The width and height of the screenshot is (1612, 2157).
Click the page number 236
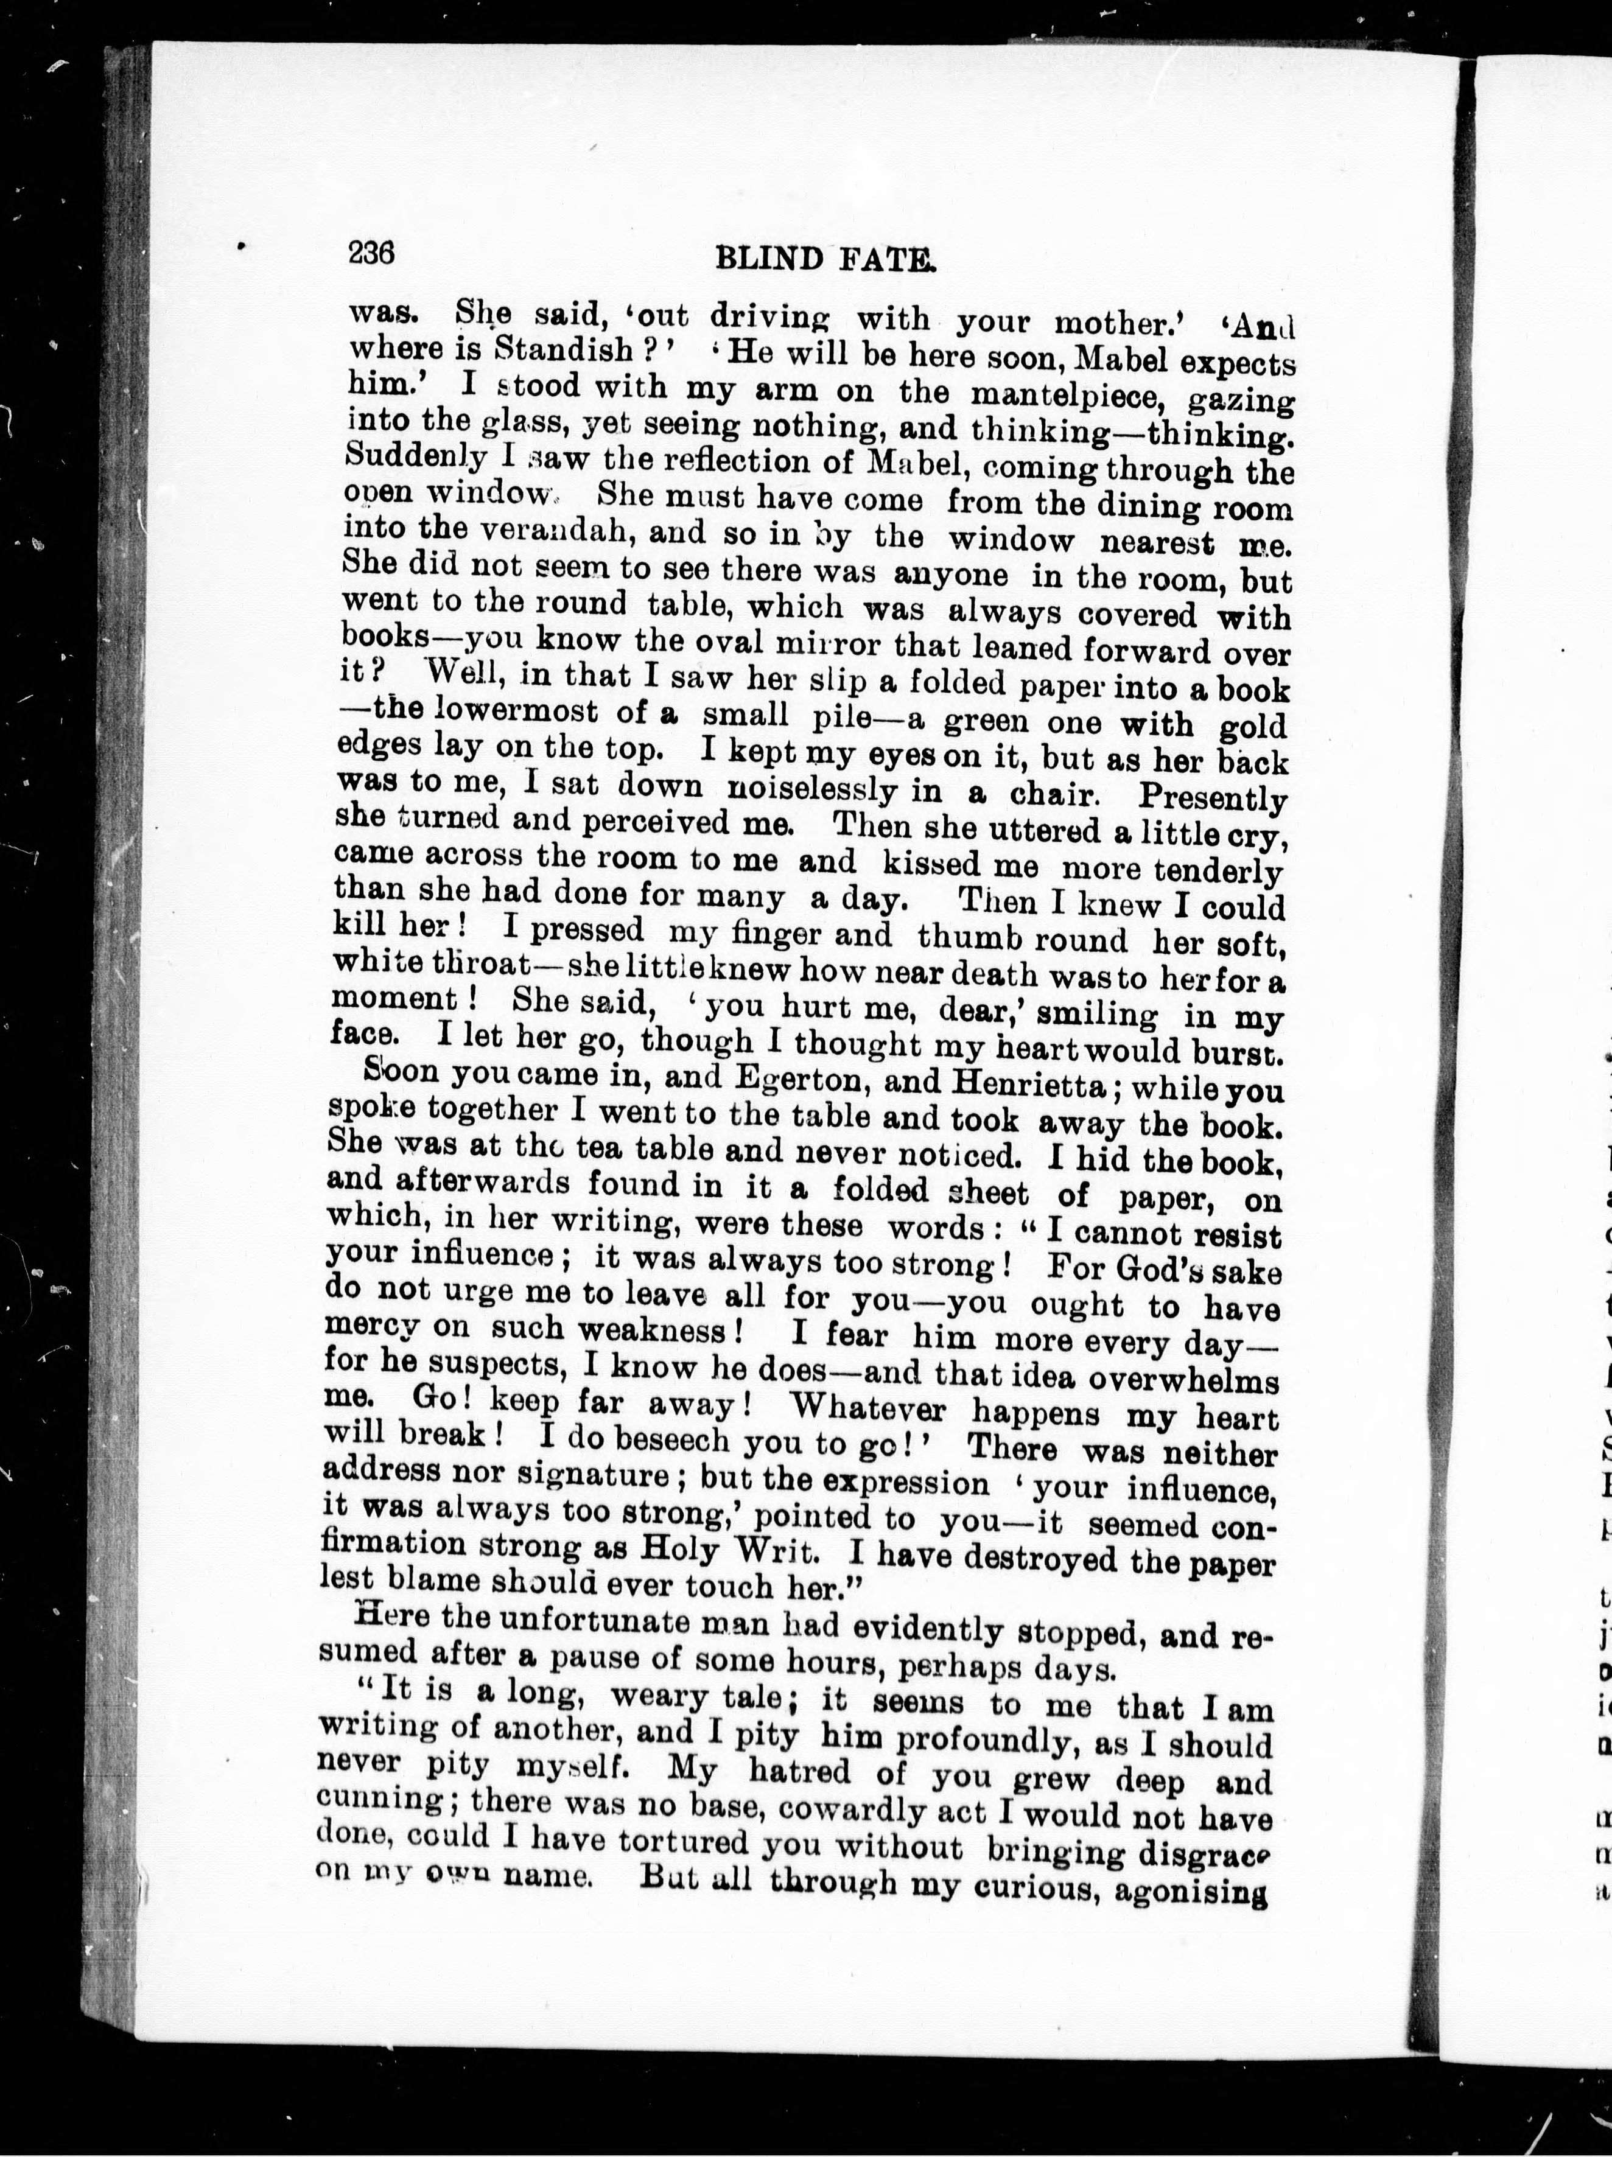tap(371, 254)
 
